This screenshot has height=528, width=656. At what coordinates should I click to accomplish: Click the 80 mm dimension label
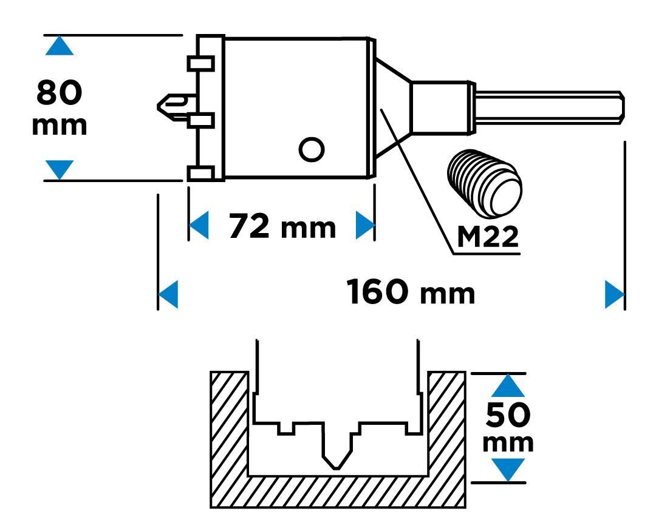point(60,107)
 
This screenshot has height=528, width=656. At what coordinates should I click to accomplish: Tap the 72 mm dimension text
point(282,227)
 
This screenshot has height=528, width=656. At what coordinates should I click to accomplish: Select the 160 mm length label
point(411,293)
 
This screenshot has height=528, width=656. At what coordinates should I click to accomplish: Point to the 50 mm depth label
point(508,427)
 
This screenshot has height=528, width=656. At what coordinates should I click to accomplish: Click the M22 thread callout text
point(488,237)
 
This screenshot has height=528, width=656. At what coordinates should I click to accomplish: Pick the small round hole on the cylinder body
point(312,148)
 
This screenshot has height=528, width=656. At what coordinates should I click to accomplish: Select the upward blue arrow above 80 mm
point(60,46)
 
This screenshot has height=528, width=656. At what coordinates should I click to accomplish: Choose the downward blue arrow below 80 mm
point(60,169)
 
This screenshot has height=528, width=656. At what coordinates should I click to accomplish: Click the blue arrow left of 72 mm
point(199,226)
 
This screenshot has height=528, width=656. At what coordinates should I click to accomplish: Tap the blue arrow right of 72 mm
point(364,226)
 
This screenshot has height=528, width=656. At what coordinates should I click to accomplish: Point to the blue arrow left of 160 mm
point(168,294)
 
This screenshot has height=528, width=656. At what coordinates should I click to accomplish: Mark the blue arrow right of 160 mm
point(615,294)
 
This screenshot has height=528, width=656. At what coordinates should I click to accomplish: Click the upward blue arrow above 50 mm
point(508,387)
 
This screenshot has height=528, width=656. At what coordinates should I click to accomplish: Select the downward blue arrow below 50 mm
point(508,469)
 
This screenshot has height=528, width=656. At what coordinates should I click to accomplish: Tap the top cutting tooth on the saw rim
point(200,63)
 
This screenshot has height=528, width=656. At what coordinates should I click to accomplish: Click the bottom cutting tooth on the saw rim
point(200,174)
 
